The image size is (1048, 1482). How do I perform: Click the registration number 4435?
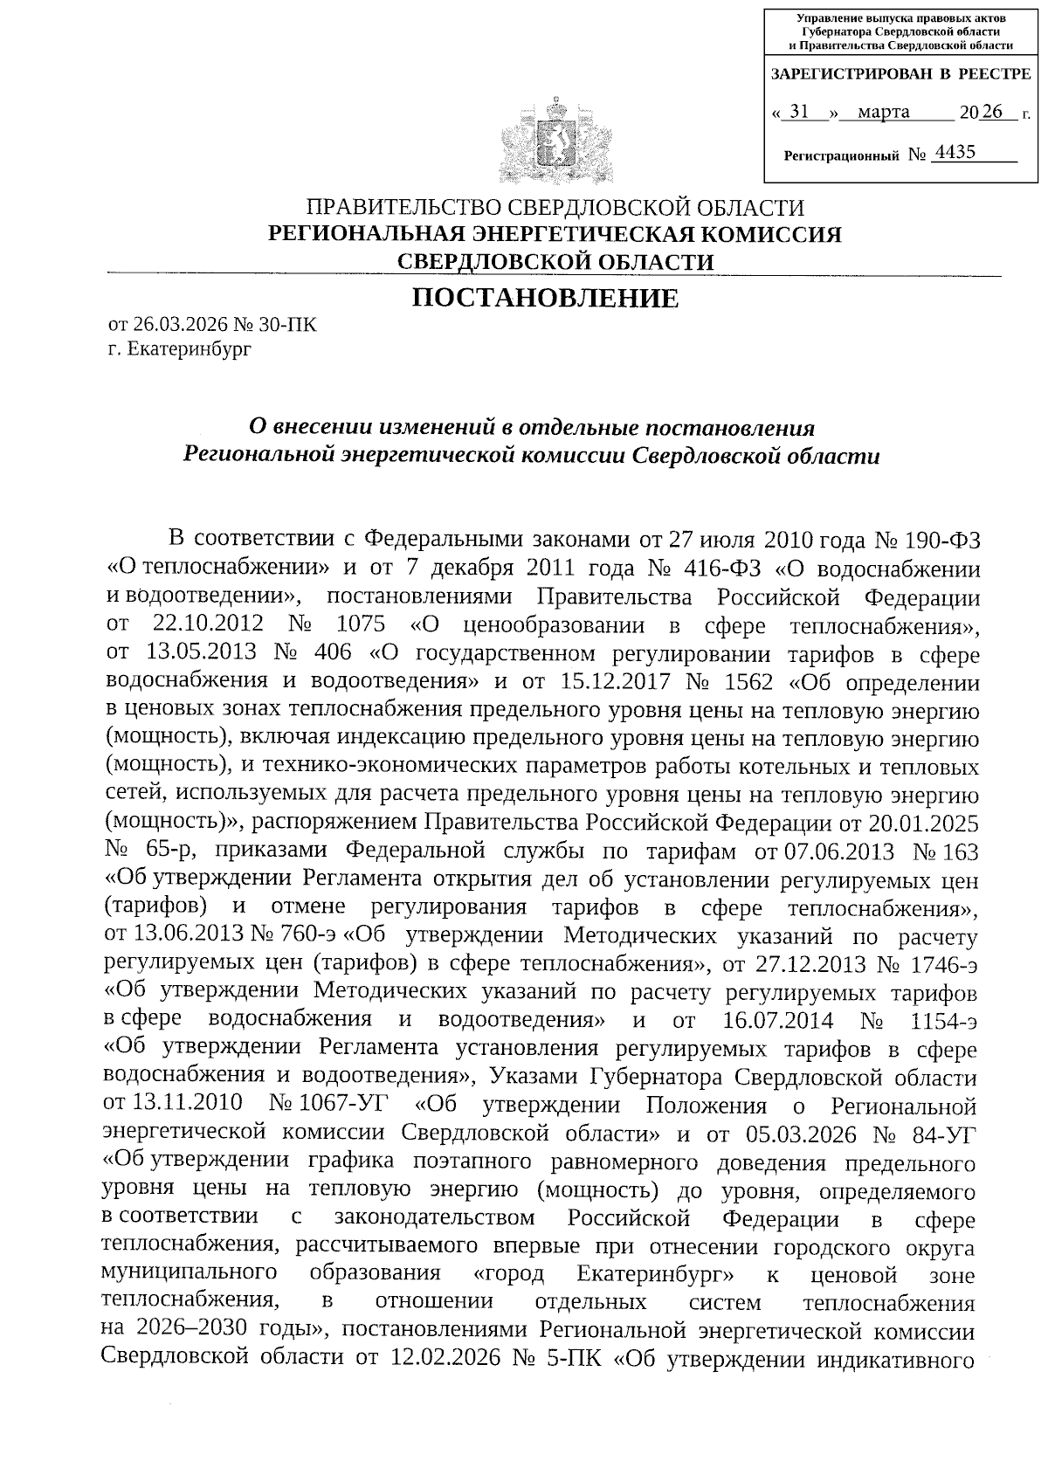954,154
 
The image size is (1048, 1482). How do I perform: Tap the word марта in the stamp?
883,112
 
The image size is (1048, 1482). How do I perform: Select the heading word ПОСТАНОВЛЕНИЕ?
545,299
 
